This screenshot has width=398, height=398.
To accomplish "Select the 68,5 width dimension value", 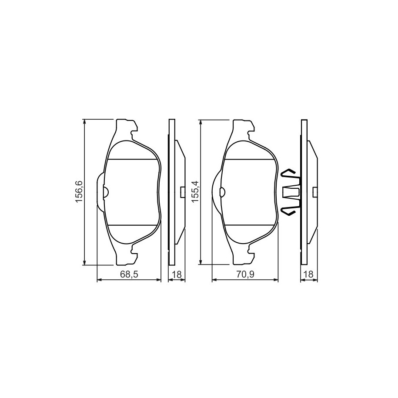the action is click(129, 274).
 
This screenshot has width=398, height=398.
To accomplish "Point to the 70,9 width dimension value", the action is click(245, 274).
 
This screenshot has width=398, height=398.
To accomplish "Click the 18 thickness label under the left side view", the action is click(177, 274).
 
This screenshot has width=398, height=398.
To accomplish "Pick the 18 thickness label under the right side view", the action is click(309, 274).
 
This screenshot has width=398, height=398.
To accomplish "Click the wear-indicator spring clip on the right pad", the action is click(291, 191).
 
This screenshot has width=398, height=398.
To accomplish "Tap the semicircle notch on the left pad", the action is click(106, 192).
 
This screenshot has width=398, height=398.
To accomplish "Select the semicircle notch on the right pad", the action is click(222, 192).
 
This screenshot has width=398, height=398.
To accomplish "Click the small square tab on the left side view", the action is click(183, 192).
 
